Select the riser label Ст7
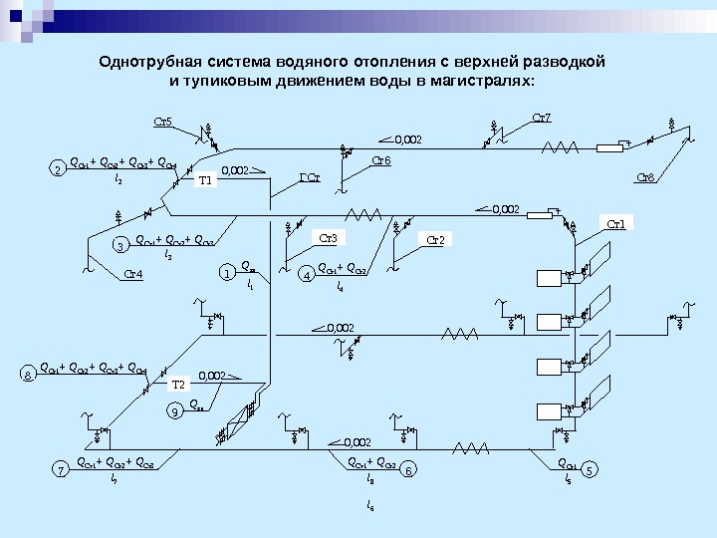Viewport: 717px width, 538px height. (543, 119)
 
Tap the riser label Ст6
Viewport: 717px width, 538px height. (381, 159)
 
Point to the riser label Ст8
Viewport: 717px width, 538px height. (645, 178)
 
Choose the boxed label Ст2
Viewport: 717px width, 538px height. (439, 239)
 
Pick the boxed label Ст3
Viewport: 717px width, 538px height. (329, 237)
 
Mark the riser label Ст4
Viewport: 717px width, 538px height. (132, 274)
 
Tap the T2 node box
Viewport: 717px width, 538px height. (179, 384)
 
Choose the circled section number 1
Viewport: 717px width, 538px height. (227, 272)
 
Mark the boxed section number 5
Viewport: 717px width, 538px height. (593, 468)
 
